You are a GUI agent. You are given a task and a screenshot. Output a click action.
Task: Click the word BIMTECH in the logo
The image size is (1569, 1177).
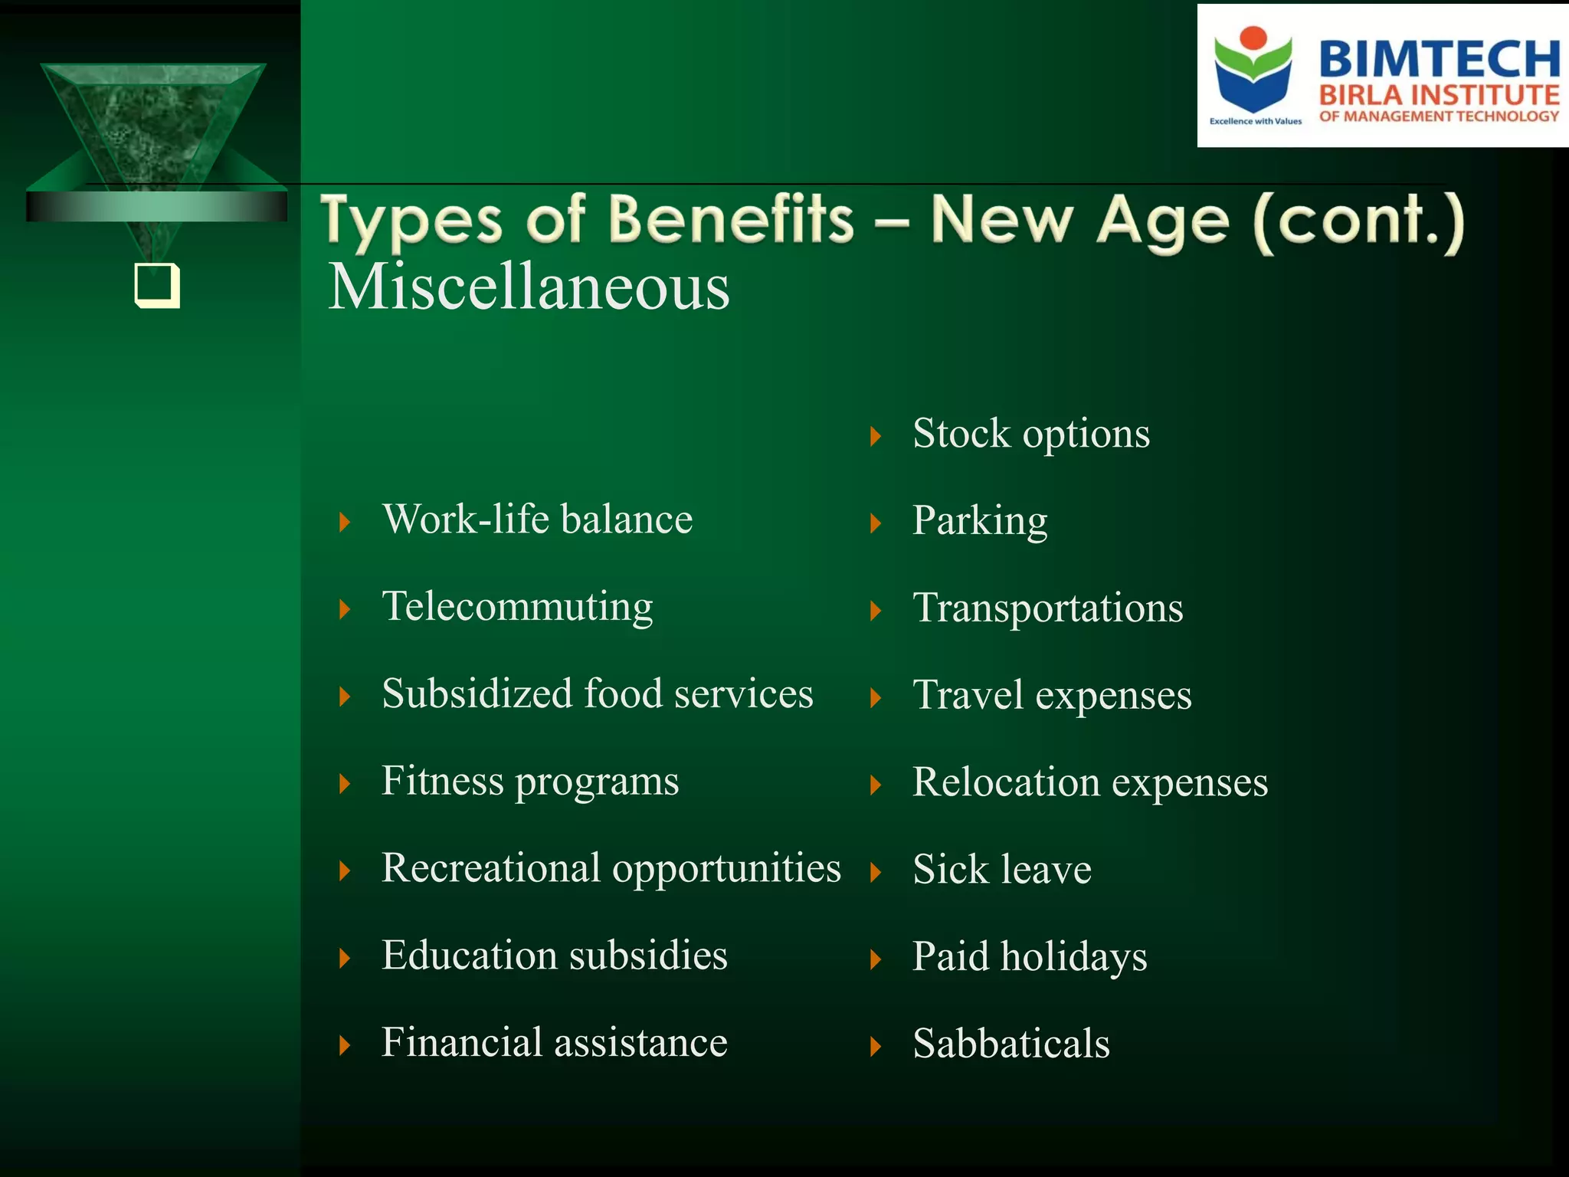1439,59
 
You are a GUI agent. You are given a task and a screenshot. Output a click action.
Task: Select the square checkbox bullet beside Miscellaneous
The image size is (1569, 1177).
157,285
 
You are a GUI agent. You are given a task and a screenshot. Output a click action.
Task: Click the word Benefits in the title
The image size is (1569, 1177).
731,220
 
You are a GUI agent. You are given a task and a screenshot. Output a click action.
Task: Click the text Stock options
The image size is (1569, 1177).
1030,434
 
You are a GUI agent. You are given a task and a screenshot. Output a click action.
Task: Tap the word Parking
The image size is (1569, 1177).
979,521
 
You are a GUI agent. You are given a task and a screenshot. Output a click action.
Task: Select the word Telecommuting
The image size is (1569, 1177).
517,607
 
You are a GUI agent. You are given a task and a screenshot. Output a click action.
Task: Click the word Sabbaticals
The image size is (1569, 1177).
1011,1044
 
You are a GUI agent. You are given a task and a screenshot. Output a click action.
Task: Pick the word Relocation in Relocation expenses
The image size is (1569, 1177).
1006,782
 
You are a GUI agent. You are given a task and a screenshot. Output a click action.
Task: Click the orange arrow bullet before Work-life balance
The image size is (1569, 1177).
345,523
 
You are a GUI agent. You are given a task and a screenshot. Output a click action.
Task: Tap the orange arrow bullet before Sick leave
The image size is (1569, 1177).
876,872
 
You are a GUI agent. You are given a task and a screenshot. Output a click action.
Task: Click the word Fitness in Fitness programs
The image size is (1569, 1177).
442,781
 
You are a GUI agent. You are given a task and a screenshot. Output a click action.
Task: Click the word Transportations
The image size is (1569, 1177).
1047,608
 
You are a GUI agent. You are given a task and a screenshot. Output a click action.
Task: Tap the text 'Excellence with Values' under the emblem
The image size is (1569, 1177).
1255,121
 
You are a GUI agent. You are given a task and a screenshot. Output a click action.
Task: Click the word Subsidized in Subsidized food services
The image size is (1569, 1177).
477,694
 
